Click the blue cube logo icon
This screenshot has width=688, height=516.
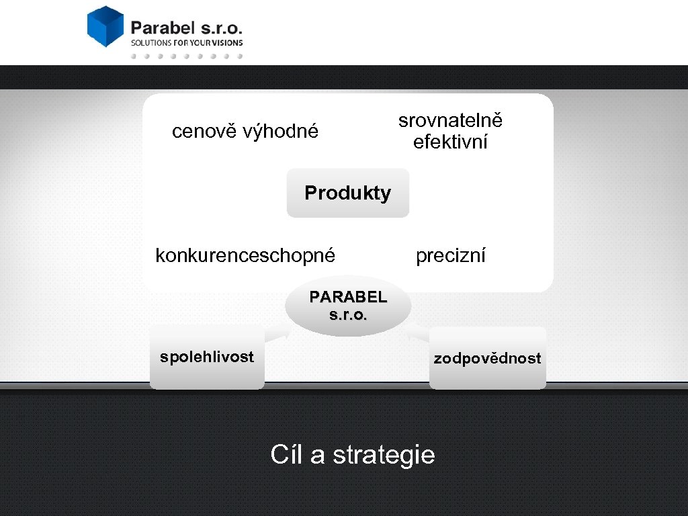pos(105,26)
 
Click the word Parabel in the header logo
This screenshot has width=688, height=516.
pos(162,28)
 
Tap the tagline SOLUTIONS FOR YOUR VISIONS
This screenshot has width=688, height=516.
pos(186,42)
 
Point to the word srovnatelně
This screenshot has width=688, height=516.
pos(450,121)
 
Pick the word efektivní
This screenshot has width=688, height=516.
pos(450,142)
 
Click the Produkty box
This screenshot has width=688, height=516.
pos(347,193)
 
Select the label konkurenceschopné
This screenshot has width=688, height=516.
pos(245,256)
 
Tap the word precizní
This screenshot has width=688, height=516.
pos(450,256)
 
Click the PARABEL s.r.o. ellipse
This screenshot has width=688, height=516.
pos(348,306)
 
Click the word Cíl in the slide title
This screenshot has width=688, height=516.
pos(287,455)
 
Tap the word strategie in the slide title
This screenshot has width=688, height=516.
pos(384,456)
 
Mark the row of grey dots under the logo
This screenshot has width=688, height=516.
pos(186,56)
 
